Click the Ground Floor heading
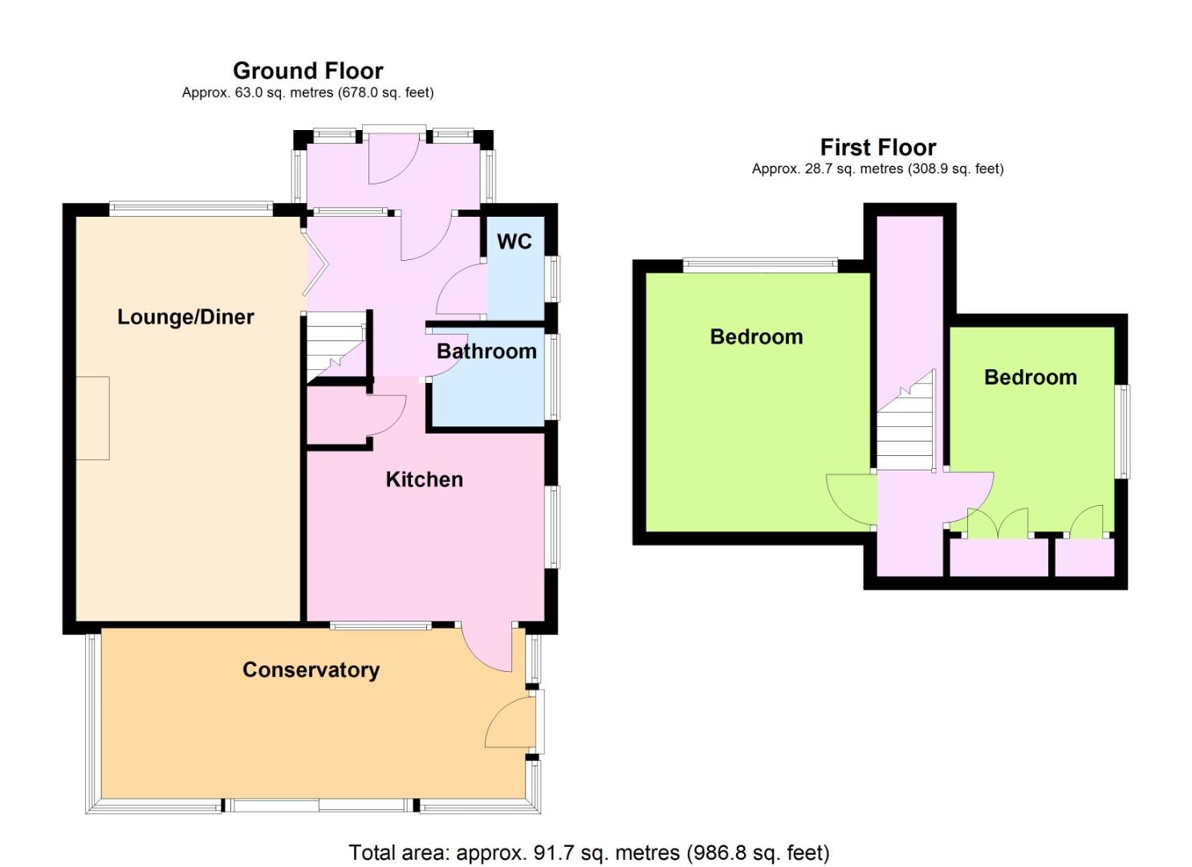pyautogui.click(x=307, y=71)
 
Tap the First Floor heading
pyautogui.click(x=878, y=147)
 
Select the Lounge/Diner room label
pyautogui.click(x=185, y=317)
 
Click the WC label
pyautogui.click(x=514, y=242)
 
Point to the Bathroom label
pyautogui.click(x=486, y=352)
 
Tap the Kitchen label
pyautogui.click(x=424, y=479)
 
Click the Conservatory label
pyautogui.click(x=311, y=670)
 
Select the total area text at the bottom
pyautogui.click(x=589, y=853)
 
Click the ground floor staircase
pyautogui.click(x=336, y=347)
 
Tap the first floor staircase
pyautogui.click(x=905, y=421)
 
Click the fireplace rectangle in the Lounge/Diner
pyautogui.click(x=92, y=417)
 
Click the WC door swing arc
pyautogui.click(x=461, y=289)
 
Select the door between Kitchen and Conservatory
pyautogui.click(x=487, y=649)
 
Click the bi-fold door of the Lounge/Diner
pyautogui.click(x=316, y=263)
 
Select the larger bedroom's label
pyautogui.click(x=756, y=337)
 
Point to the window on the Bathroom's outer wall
pyautogui.click(x=554, y=377)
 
